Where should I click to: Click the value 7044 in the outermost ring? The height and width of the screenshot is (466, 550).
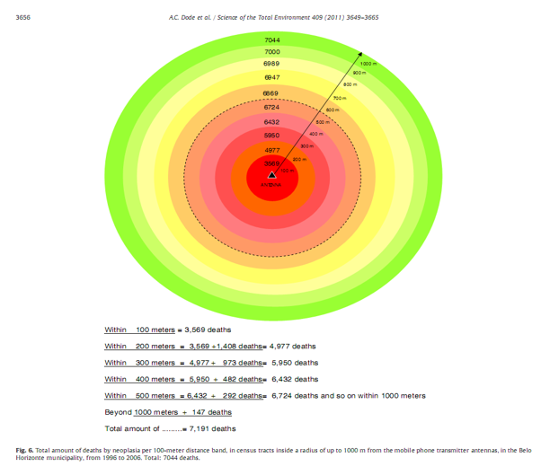tap(272, 40)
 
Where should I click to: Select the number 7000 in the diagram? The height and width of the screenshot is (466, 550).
tap(272, 52)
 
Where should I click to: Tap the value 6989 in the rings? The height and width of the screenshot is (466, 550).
tap(272, 65)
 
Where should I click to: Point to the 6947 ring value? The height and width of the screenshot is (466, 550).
tap(272, 78)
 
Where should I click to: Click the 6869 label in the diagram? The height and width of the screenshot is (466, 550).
tap(272, 93)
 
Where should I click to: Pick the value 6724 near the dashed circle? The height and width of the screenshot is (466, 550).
tap(272, 107)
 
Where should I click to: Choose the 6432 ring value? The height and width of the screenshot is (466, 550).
tap(272, 121)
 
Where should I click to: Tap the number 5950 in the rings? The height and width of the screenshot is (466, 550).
tap(272, 135)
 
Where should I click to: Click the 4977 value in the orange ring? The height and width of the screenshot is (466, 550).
tap(272, 149)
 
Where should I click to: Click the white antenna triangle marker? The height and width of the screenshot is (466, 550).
tap(272, 175)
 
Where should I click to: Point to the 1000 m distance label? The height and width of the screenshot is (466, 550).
tap(368, 64)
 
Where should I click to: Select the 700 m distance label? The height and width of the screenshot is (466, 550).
tap(340, 97)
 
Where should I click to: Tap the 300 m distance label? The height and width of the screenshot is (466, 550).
tap(306, 145)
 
